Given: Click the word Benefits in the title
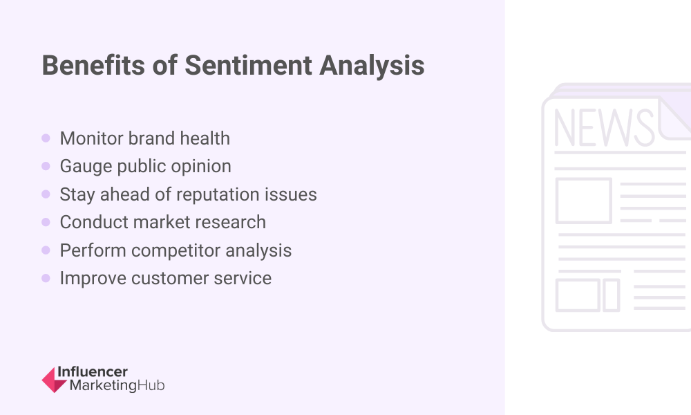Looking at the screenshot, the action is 93,65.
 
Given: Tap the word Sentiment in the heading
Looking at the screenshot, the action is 249,65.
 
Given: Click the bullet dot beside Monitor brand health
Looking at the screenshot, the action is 46,138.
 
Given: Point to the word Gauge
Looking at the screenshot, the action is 86,167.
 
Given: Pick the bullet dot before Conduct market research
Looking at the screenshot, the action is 46,222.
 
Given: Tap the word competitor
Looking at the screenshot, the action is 176,250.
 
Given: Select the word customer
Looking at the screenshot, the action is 170,278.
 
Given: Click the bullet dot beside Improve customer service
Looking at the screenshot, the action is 46,278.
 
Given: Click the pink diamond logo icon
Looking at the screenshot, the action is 54,380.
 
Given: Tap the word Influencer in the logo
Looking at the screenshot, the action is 93,372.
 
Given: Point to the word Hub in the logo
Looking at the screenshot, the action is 151,385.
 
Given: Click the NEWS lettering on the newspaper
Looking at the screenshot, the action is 604,127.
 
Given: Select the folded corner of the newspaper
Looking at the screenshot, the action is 674,118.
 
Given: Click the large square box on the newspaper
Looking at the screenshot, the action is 583,201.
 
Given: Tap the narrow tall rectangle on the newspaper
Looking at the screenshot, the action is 612,295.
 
